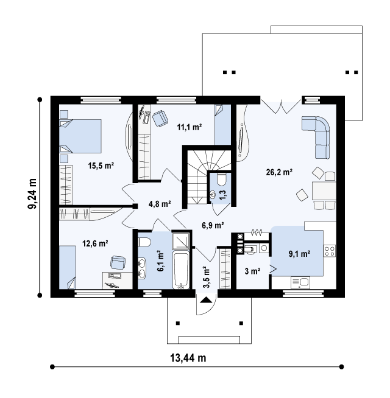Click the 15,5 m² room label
(101, 166)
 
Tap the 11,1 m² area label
(190, 127)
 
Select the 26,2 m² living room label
(279, 172)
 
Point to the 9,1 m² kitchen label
(299, 254)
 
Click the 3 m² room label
(252, 271)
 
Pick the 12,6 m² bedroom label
(95, 243)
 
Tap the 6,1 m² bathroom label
(160, 260)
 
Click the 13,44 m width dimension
(188, 358)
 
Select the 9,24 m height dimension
(32, 194)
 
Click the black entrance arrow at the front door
(206, 300)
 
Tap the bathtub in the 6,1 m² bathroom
(181, 270)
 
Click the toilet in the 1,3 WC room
(222, 180)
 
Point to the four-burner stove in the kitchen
(330, 251)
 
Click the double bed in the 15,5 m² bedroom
(80, 136)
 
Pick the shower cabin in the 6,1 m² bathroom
(180, 240)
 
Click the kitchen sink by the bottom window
(300, 282)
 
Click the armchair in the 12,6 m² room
(118, 262)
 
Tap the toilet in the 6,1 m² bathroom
(144, 242)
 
